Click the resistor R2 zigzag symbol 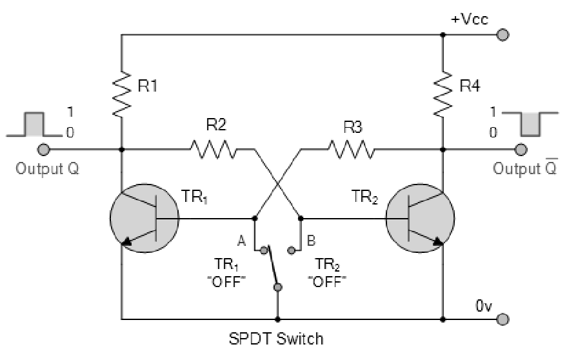click(x=213, y=151)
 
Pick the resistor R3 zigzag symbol click(x=350, y=151)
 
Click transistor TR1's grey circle click(x=144, y=219)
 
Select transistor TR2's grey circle click(x=419, y=219)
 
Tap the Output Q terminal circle click(x=44, y=150)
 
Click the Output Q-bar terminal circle click(x=521, y=150)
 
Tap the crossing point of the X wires click(x=277, y=183)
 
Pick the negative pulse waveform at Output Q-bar click(x=530, y=124)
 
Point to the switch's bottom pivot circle click(x=278, y=287)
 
